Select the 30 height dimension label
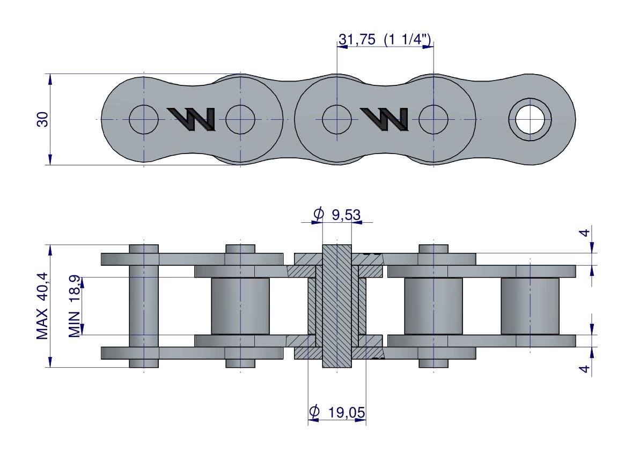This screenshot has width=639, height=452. [42, 119]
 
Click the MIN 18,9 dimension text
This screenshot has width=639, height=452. [76, 306]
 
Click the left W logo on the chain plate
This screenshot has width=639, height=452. [192, 119]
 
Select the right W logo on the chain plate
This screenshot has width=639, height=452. [384, 119]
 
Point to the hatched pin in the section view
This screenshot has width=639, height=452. [336, 306]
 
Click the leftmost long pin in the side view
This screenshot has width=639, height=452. [144, 306]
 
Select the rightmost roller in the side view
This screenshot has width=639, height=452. [530, 306]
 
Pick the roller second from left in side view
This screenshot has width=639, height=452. [240, 306]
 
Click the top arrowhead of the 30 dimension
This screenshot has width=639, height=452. [50, 79]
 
